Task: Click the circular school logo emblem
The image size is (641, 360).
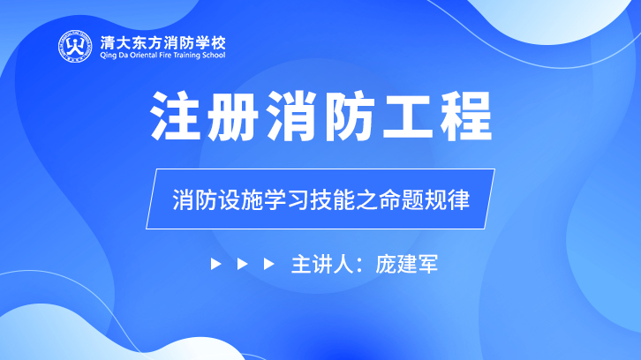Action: (75, 47)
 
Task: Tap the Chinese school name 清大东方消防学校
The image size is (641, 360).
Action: (162, 43)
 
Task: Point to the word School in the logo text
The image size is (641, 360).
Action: (214, 56)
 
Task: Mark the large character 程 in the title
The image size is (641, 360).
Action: (466, 116)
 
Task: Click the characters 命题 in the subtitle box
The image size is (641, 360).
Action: (402, 199)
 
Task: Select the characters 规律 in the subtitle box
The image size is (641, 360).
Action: (448, 199)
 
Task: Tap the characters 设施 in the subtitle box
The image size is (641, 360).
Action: (240, 199)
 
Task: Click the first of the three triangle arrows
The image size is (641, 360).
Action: (215, 264)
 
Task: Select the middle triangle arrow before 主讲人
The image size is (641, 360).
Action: (243, 264)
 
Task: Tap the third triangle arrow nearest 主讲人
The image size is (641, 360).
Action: (269, 264)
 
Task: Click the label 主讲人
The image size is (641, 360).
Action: (322, 264)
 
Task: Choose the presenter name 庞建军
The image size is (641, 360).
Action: (407, 264)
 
